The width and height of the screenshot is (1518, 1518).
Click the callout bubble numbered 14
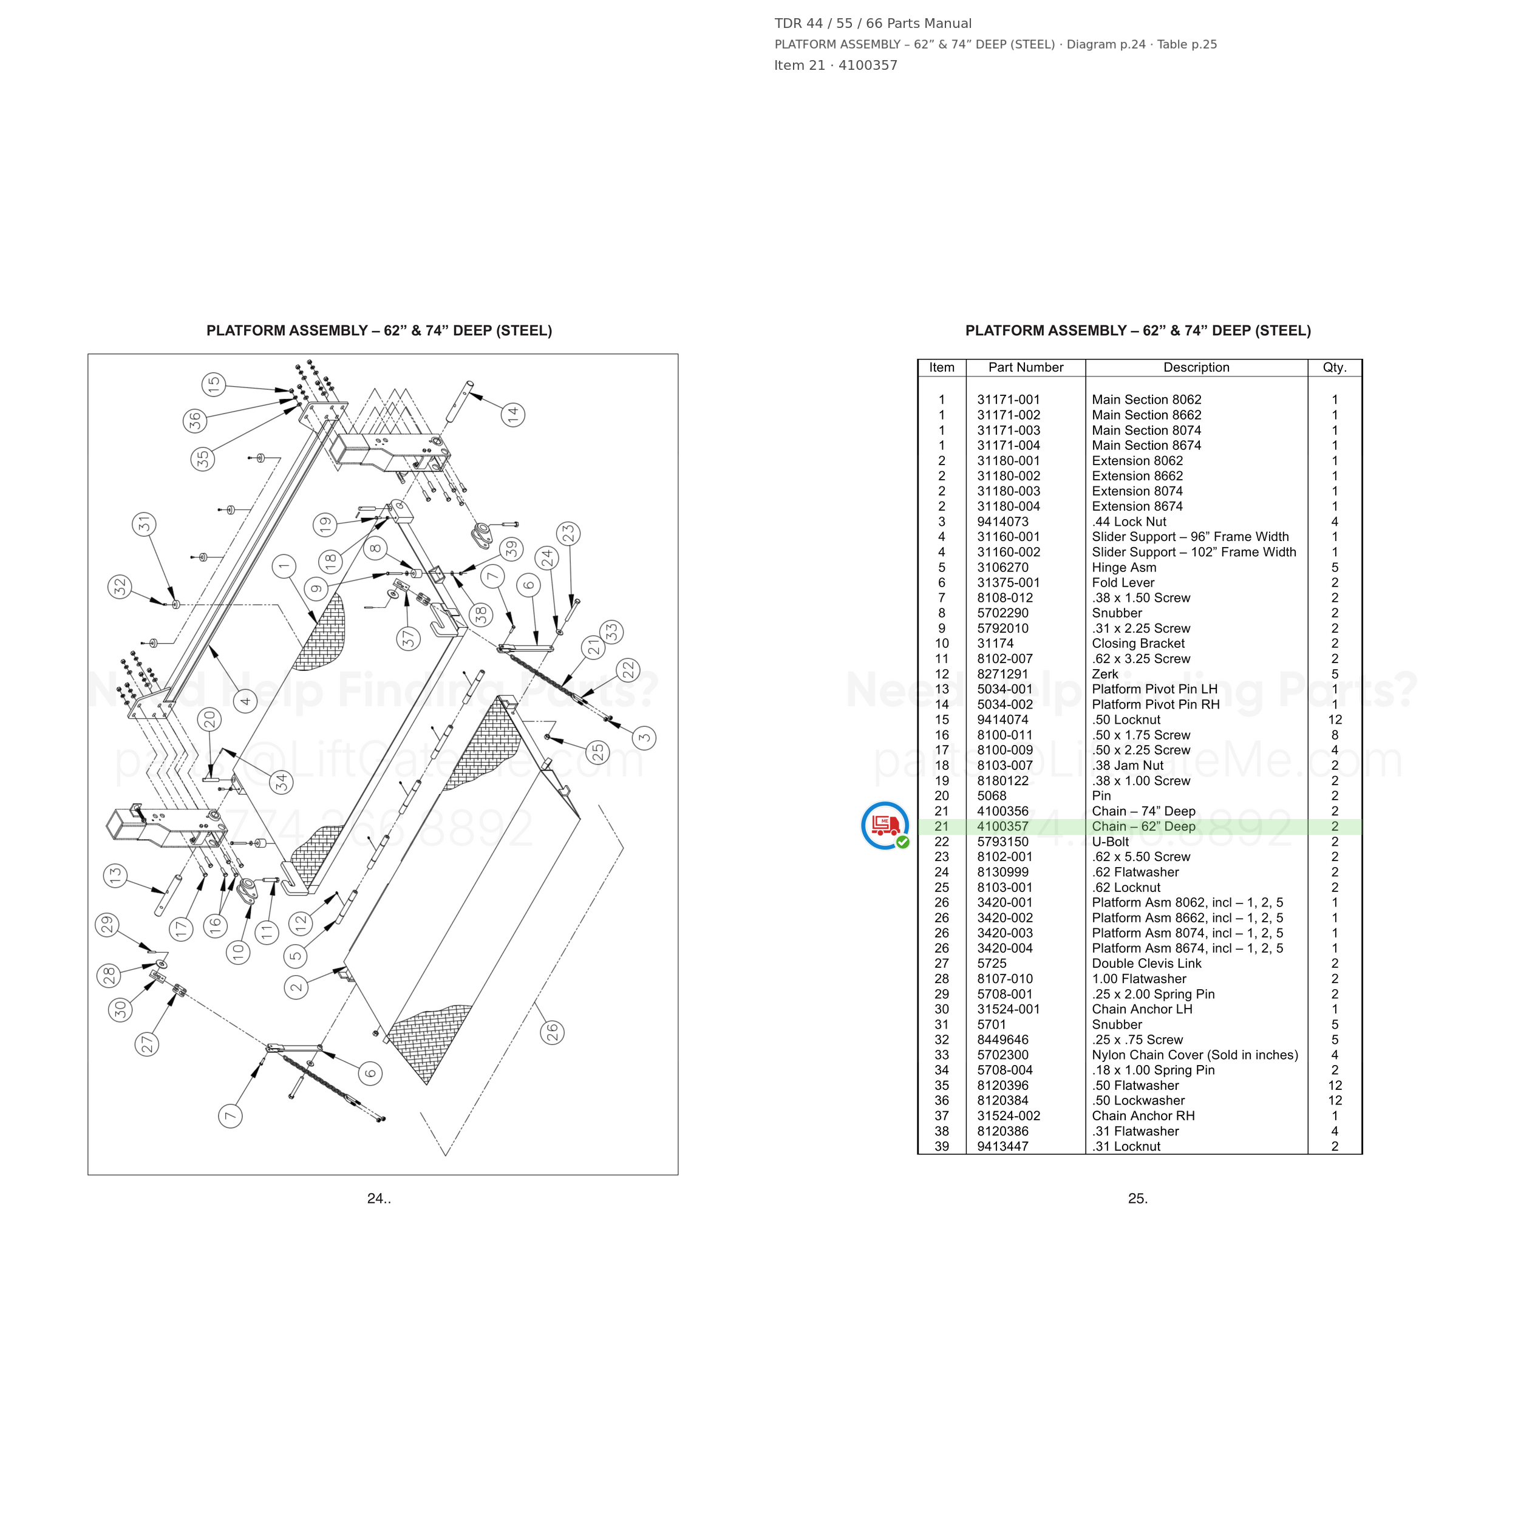(513, 415)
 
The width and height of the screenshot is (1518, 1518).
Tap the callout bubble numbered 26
(553, 1032)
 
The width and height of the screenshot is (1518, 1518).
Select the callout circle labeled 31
(144, 524)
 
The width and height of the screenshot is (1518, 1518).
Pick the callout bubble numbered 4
(245, 701)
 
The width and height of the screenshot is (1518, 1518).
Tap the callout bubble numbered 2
(296, 987)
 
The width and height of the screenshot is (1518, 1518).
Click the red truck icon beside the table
(885, 826)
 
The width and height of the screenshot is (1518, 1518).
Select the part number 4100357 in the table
(1002, 826)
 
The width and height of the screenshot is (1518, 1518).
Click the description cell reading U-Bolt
(1110, 842)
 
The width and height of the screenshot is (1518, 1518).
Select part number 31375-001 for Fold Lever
(1008, 583)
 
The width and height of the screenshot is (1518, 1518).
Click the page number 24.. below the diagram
(379, 1198)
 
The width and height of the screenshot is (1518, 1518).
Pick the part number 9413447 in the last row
(1002, 1146)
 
